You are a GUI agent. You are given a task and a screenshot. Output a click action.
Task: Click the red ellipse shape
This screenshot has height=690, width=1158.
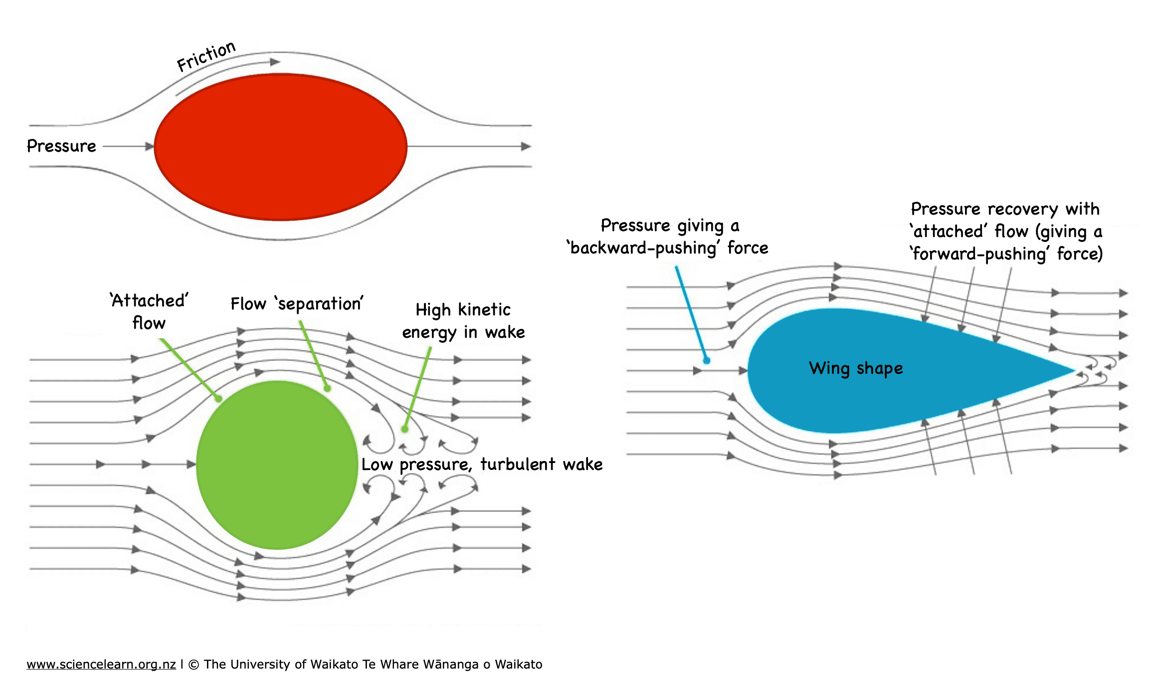pyautogui.click(x=280, y=147)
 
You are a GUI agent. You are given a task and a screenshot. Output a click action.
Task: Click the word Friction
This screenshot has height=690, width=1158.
pyautogui.click(x=206, y=56)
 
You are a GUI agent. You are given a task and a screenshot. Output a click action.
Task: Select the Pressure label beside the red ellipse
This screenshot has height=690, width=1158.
pyautogui.click(x=61, y=146)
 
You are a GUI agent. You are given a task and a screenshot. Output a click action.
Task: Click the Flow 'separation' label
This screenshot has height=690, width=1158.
pyautogui.click(x=297, y=304)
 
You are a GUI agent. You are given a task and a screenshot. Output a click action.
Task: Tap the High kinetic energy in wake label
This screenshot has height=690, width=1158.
pyautogui.click(x=463, y=321)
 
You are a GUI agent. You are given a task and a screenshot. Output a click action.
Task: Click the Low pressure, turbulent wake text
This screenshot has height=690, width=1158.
pyautogui.click(x=482, y=464)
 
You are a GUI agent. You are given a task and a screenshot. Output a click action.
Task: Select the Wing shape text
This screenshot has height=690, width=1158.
pyautogui.click(x=856, y=368)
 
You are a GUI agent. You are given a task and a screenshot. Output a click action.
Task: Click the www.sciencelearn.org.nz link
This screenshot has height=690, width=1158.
pyautogui.click(x=101, y=665)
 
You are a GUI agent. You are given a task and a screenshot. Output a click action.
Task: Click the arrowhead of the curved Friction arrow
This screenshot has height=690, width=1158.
pyautogui.click(x=275, y=62)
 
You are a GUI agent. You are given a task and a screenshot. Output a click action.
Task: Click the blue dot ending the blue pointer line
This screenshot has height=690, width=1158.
pyautogui.click(x=706, y=360)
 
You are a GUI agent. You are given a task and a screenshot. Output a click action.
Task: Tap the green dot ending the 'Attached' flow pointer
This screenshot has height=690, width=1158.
pyautogui.click(x=218, y=399)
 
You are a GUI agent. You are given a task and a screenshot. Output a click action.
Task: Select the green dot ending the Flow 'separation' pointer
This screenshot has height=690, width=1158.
pyautogui.click(x=327, y=388)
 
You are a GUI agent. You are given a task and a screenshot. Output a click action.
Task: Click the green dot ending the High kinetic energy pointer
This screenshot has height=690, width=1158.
pyautogui.click(x=405, y=429)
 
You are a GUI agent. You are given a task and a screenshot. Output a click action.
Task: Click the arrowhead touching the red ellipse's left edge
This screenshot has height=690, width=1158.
pyautogui.click(x=149, y=146)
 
